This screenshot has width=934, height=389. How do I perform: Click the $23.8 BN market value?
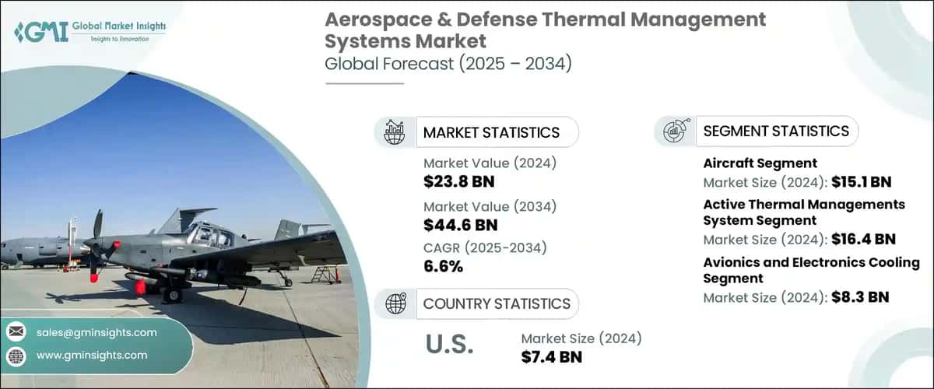pos(458,182)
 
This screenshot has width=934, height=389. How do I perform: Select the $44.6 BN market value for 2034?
pos(458,225)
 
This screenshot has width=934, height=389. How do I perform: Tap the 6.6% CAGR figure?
pos(443,267)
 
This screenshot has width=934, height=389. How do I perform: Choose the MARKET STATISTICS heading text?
pos(491,132)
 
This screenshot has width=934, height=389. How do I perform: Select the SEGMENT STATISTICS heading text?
pos(776,131)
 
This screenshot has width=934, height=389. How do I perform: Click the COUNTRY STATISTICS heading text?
pos(497,303)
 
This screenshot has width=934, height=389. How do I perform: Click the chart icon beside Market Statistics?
pos(395,132)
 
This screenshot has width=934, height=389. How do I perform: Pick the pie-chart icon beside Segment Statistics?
pos(674,131)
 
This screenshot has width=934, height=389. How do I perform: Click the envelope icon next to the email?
pos(16,332)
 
